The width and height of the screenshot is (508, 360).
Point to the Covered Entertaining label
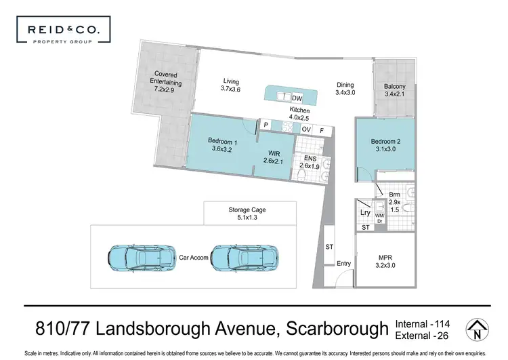click(x=166, y=81)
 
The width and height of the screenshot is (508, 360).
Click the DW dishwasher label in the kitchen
click(x=297, y=98)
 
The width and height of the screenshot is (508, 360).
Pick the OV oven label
click(x=306, y=129)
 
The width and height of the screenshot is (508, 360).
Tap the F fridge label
click(x=322, y=129)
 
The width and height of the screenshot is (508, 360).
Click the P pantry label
click(x=267, y=125)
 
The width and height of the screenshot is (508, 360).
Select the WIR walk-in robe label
click(x=274, y=157)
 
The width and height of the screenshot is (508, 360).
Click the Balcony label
click(x=395, y=90)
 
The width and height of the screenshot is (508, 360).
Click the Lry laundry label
click(x=365, y=212)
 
